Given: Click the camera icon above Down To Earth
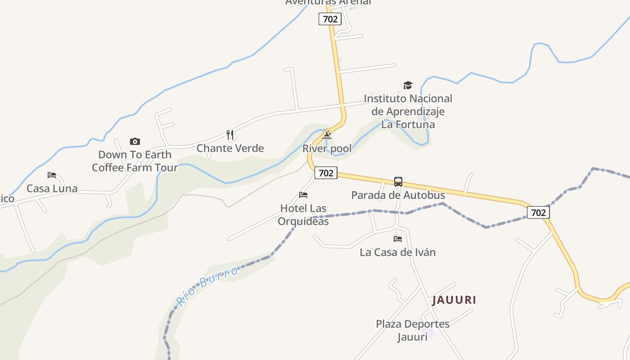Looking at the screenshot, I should click(135, 141).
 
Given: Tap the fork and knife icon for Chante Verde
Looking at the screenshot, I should click(230, 135).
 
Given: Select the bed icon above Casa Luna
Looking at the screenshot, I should click(52, 175).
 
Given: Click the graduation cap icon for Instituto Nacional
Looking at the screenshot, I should click(408, 85).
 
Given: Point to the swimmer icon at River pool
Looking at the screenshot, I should click(327, 135).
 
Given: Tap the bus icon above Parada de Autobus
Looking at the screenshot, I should click(398, 182).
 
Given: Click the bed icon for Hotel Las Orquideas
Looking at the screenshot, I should click(303, 195).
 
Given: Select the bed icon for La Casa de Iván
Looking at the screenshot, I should click(398, 239).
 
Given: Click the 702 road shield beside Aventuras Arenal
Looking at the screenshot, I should click(330, 19).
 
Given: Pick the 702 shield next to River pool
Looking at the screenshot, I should click(326, 173).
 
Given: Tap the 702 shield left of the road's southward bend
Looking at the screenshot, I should click(538, 212).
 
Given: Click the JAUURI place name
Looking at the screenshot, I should click(454, 300).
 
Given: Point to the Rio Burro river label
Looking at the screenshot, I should click(207, 286).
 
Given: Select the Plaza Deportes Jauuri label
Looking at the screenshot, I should click(412, 330).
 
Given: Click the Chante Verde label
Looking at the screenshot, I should click(230, 148).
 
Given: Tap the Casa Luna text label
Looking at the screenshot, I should click(52, 189).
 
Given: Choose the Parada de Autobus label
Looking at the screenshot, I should click(398, 195).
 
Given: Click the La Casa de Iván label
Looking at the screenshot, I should click(398, 252).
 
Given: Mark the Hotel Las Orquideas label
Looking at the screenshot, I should click(303, 215).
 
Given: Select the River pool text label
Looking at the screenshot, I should click(327, 149).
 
